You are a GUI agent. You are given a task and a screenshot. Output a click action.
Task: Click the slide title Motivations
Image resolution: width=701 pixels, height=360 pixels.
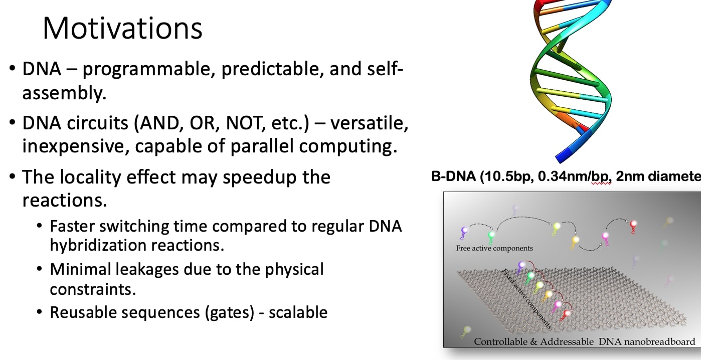coord(122,28)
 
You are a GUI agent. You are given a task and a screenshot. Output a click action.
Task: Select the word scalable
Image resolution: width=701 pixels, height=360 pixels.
coord(298,312)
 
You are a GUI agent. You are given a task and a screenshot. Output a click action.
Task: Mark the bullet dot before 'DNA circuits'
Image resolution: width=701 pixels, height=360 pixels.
coord(12,124)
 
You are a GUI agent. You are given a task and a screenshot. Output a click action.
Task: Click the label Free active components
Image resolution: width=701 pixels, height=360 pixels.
coord(494,248)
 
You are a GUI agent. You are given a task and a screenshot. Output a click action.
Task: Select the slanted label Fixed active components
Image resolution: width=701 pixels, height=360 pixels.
coord(527,299)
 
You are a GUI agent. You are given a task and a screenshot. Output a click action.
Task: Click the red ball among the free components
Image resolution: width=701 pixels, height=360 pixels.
coord(633,224)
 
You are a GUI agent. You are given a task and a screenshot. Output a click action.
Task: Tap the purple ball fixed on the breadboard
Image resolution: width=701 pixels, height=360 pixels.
coord(522,265)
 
